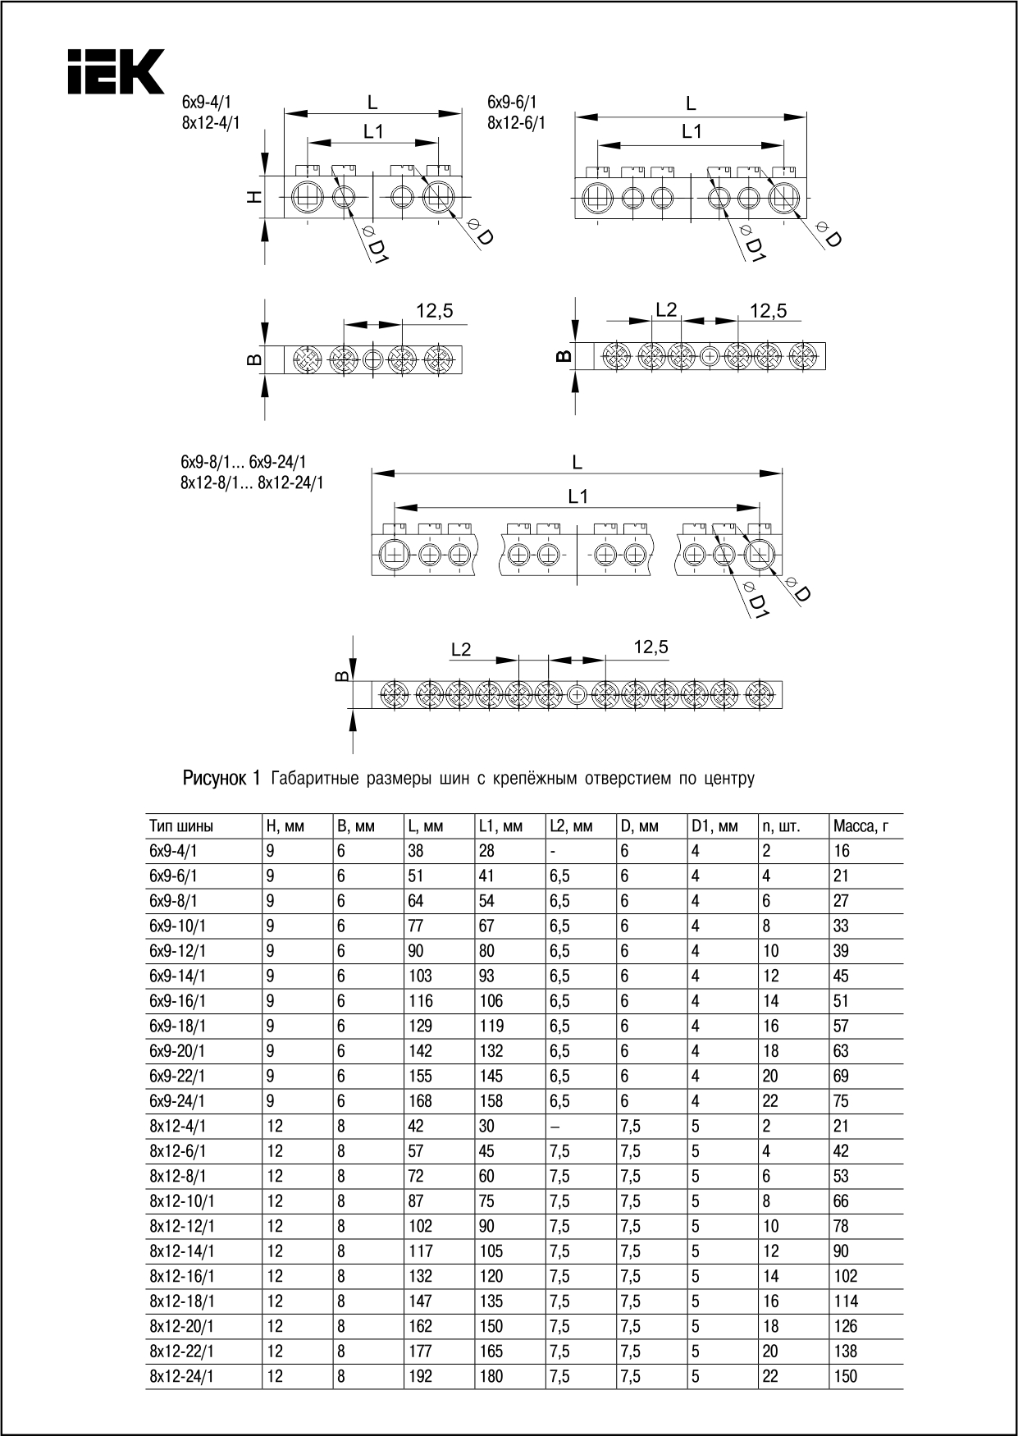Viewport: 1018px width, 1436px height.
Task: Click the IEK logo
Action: [x=116, y=71]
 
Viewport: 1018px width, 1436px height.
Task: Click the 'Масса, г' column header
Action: [x=861, y=826]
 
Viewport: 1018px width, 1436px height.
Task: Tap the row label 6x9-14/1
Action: [x=177, y=976]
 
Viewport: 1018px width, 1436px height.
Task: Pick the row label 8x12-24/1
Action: [x=181, y=1377]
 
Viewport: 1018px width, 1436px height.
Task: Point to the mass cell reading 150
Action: [x=845, y=1377]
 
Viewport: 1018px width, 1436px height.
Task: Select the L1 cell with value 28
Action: [x=486, y=851]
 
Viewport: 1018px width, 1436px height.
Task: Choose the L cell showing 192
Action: [x=420, y=1377]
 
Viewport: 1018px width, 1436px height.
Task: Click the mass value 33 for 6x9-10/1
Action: [x=841, y=926]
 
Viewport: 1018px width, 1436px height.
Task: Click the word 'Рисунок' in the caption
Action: [x=214, y=778]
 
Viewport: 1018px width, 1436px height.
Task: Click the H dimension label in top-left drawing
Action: [x=255, y=197]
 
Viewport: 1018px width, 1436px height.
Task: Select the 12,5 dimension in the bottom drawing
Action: [x=651, y=647]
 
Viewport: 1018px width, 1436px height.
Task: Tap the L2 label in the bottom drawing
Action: [x=461, y=650]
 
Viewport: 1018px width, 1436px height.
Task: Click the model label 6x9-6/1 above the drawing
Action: [x=512, y=103]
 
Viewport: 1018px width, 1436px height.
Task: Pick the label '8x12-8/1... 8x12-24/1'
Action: [x=252, y=483]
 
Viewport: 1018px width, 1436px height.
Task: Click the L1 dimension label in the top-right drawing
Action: [x=692, y=131]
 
